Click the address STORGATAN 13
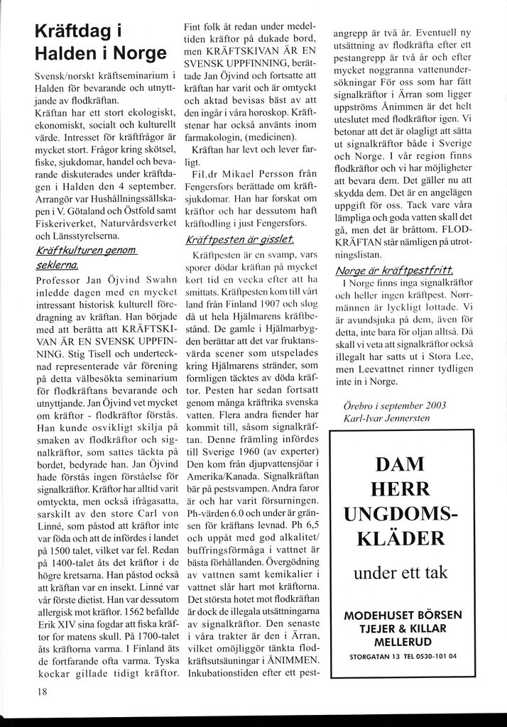[x=371, y=656]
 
